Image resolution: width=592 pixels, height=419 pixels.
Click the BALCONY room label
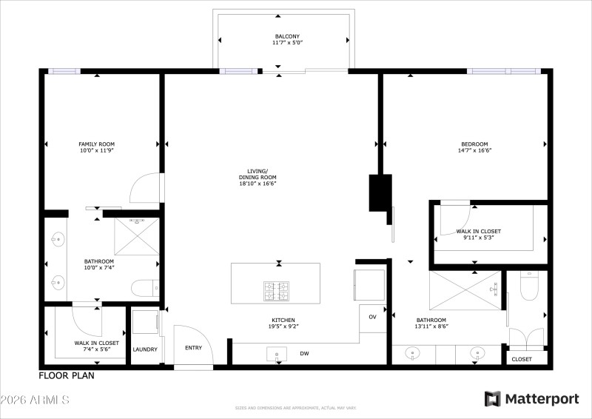click(x=287, y=36)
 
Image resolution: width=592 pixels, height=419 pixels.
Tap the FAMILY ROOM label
click(x=96, y=144)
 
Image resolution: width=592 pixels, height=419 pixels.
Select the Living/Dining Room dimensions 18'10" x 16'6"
click(x=257, y=184)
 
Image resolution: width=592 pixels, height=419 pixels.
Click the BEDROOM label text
click(x=474, y=144)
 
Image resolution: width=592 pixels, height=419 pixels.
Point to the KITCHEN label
click(x=283, y=320)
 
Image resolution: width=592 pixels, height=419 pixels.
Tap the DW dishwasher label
click(x=304, y=354)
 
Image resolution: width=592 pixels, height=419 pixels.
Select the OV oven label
click(x=372, y=317)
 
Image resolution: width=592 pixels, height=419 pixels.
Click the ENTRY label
click(x=193, y=348)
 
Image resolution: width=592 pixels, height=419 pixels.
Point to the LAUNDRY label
click(x=145, y=349)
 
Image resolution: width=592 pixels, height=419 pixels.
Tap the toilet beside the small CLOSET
click(x=528, y=285)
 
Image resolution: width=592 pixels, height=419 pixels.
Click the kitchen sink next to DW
click(x=277, y=355)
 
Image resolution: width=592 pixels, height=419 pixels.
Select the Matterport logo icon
click(x=492, y=399)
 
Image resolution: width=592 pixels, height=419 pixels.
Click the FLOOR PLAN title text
click(x=67, y=375)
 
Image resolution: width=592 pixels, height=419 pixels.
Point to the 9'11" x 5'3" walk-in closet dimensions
click(x=478, y=238)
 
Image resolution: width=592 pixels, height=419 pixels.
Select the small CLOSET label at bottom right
click(x=522, y=359)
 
